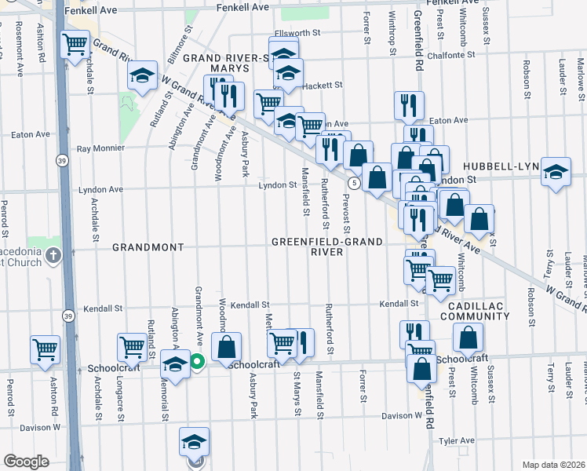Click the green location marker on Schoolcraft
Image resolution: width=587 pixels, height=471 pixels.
[197, 362]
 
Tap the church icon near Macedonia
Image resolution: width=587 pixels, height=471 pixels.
[53, 255]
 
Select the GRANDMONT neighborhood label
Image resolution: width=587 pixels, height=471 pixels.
[148, 246]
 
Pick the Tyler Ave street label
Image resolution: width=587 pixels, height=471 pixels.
[458, 442]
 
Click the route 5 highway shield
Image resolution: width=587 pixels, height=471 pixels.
[355, 183]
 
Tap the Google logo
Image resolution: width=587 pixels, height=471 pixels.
[27, 461]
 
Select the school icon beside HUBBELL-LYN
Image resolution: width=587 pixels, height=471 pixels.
[555, 173]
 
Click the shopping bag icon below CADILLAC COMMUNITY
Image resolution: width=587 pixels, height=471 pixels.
[468, 338]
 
